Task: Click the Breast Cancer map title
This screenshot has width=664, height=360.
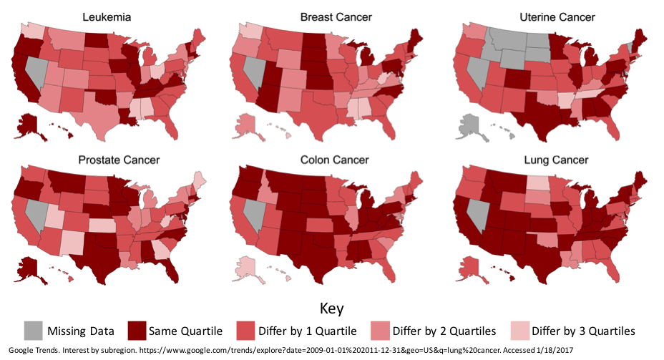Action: click(x=330, y=16)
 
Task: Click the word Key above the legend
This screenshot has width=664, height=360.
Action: click(x=331, y=308)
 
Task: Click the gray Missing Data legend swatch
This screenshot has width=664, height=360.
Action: click(x=33, y=331)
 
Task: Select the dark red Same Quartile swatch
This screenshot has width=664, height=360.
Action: click(x=137, y=331)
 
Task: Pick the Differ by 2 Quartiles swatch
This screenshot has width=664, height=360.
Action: click(x=380, y=331)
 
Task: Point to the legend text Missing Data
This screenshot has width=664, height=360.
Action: click(x=79, y=331)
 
